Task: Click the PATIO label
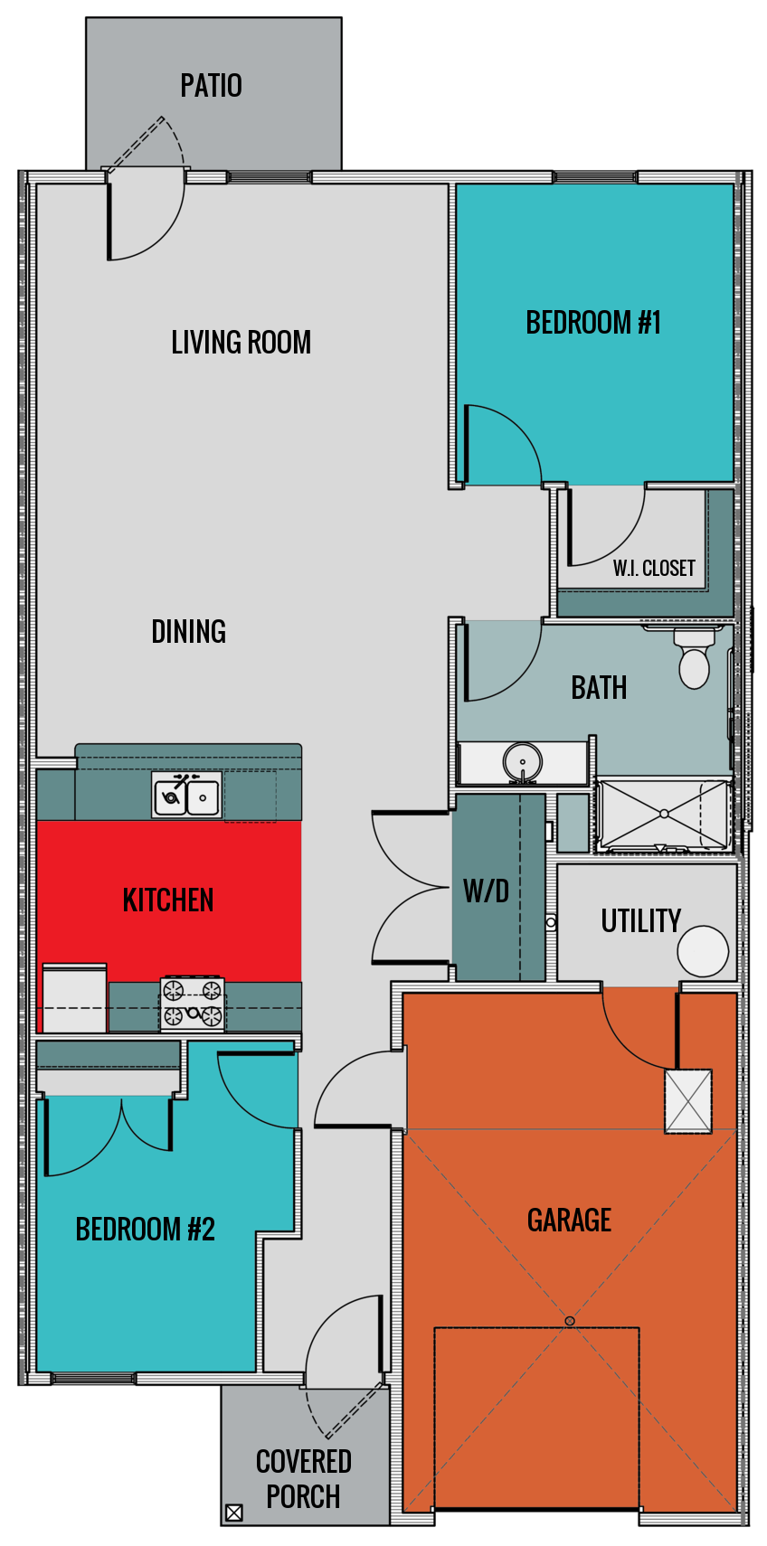coord(211,86)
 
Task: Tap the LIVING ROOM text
coord(241,343)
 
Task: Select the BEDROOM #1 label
coord(593,323)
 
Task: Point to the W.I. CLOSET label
coord(654,569)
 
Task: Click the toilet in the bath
coord(694,659)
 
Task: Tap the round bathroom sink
coord(522,762)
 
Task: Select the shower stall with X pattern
coord(664,815)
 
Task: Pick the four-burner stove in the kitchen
coord(193,1004)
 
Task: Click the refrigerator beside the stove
coord(74,999)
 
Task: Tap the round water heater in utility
coord(703,952)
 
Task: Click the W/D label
coord(486,891)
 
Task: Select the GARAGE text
coord(569,1221)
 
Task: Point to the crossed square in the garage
coord(688,1101)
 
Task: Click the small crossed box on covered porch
coord(233,1513)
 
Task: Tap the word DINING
coord(188,632)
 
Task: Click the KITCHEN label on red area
coord(168,900)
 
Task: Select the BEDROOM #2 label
coord(145,1230)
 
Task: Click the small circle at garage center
coord(570,1321)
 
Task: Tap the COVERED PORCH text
coord(303,1479)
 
